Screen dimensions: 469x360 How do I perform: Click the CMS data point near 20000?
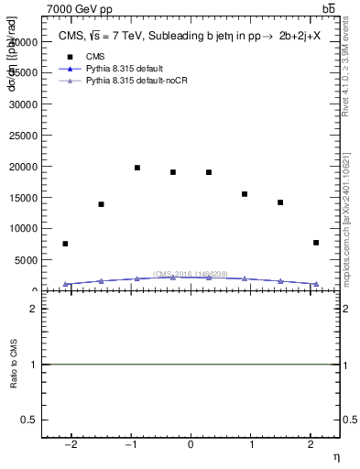[136, 168]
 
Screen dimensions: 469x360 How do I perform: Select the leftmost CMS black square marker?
[65, 244]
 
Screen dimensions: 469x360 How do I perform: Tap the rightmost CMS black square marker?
[316, 243]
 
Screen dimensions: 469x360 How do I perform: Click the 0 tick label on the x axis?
[191, 445]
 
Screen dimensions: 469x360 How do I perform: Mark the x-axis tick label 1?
[250, 445]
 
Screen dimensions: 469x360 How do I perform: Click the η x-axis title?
[336, 456]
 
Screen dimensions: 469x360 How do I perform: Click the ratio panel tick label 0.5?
[31, 420]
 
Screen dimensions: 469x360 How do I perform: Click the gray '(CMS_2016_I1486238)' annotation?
[191, 274]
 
